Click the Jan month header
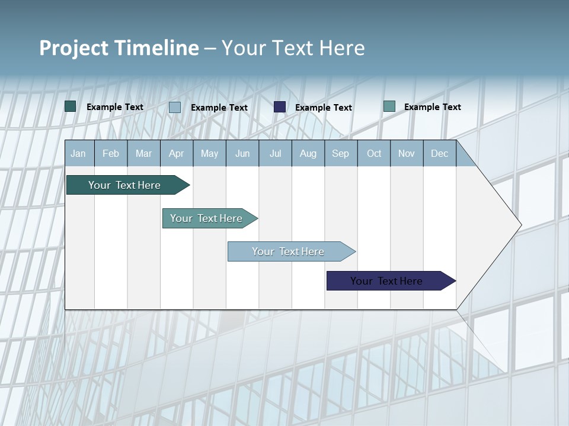78,154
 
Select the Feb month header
111,154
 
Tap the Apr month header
177,154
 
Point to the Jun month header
242,154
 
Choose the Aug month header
308,154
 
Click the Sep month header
341,154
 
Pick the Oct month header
374,154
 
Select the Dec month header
440,154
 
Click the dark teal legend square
71,106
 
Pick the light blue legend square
175,107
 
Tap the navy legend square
280,107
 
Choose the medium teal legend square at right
389,106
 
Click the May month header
209,154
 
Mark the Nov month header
407,154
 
